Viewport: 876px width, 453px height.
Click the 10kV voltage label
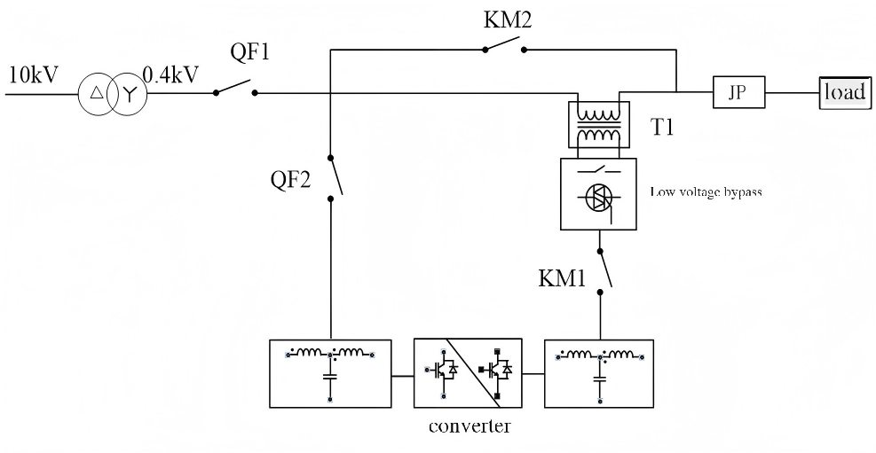[x=33, y=74]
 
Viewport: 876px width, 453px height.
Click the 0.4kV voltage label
[x=170, y=74]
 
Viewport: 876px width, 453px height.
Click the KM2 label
[x=507, y=20]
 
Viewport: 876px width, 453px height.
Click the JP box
[x=738, y=91]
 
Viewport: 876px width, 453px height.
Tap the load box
[x=844, y=91]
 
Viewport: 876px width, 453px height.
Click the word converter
[x=470, y=427]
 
